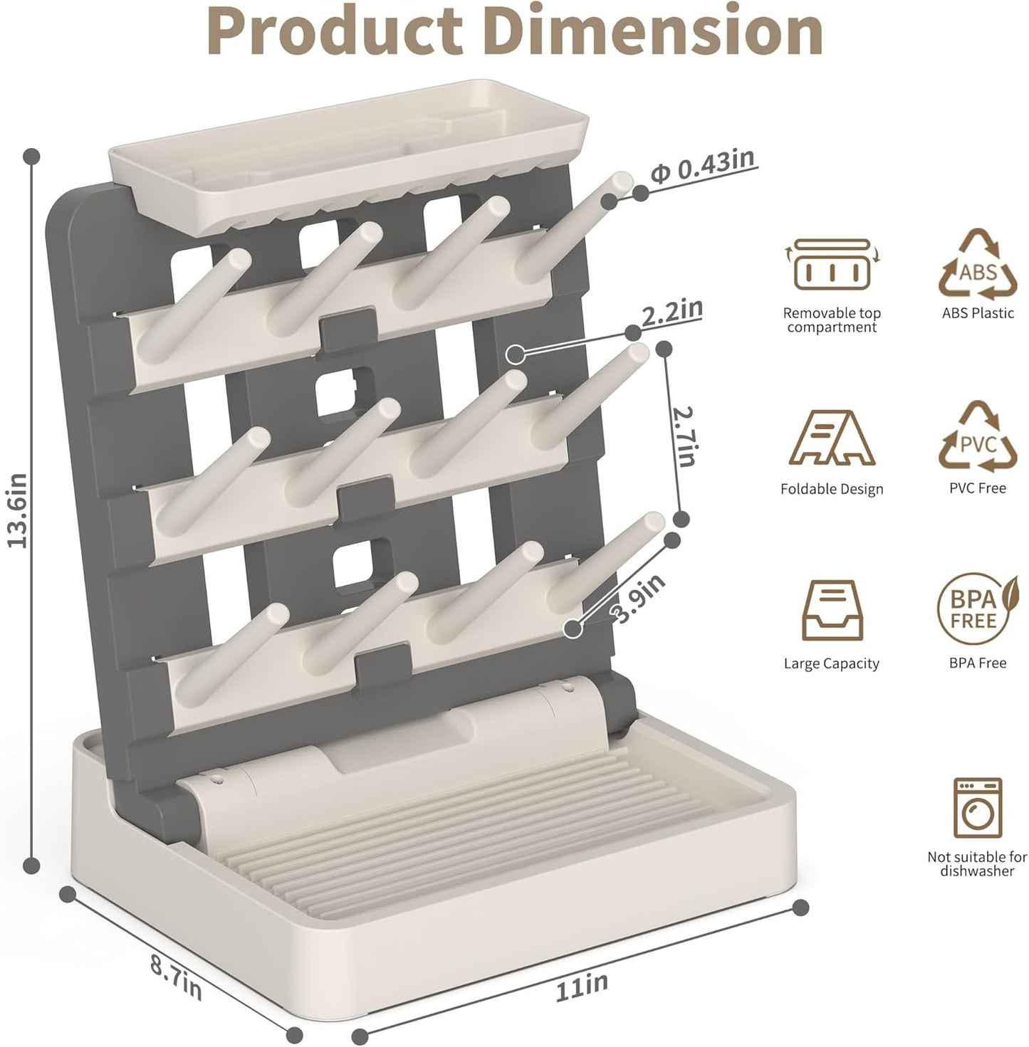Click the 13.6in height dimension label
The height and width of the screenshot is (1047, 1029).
[x=18, y=510]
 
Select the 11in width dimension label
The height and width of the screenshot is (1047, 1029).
[x=582, y=987]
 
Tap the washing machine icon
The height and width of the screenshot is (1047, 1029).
[x=977, y=808]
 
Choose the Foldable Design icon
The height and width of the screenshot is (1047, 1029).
[x=832, y=439]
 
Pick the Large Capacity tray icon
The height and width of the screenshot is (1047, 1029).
[x=831, y=613]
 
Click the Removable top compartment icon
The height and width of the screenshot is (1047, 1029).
[x=832, y=266]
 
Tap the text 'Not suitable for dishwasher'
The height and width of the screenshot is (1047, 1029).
[x=977, y=864]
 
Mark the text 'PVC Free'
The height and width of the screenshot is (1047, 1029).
[x=977, y=488]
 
